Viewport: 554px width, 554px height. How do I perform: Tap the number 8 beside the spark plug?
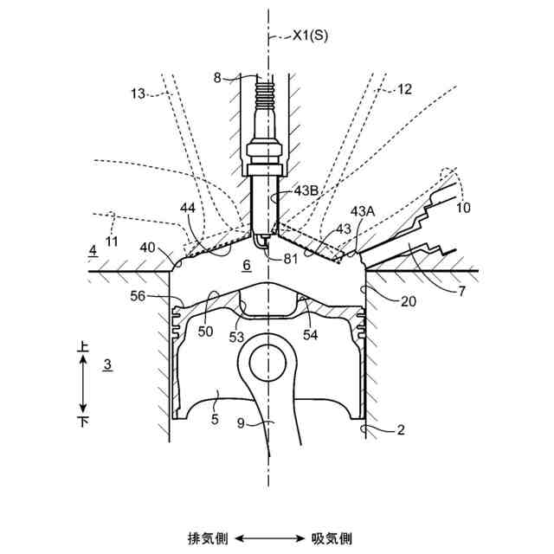(x=217, y=78)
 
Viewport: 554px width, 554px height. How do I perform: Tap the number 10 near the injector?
(x=463, y=208)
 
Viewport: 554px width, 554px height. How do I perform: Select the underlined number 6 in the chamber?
(x=247, y=267)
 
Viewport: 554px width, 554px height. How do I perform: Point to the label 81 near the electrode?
(x=292, y=257)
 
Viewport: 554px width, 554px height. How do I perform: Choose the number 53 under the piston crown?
(x=236, y=338)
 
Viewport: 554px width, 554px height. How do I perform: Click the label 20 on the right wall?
(x=408, y=301)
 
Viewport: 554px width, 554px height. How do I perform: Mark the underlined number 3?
(x=106, y=365)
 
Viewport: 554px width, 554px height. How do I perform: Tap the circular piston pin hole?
(x=267, y=358)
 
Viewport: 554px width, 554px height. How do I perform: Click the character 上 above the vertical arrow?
(x=83, y=347)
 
